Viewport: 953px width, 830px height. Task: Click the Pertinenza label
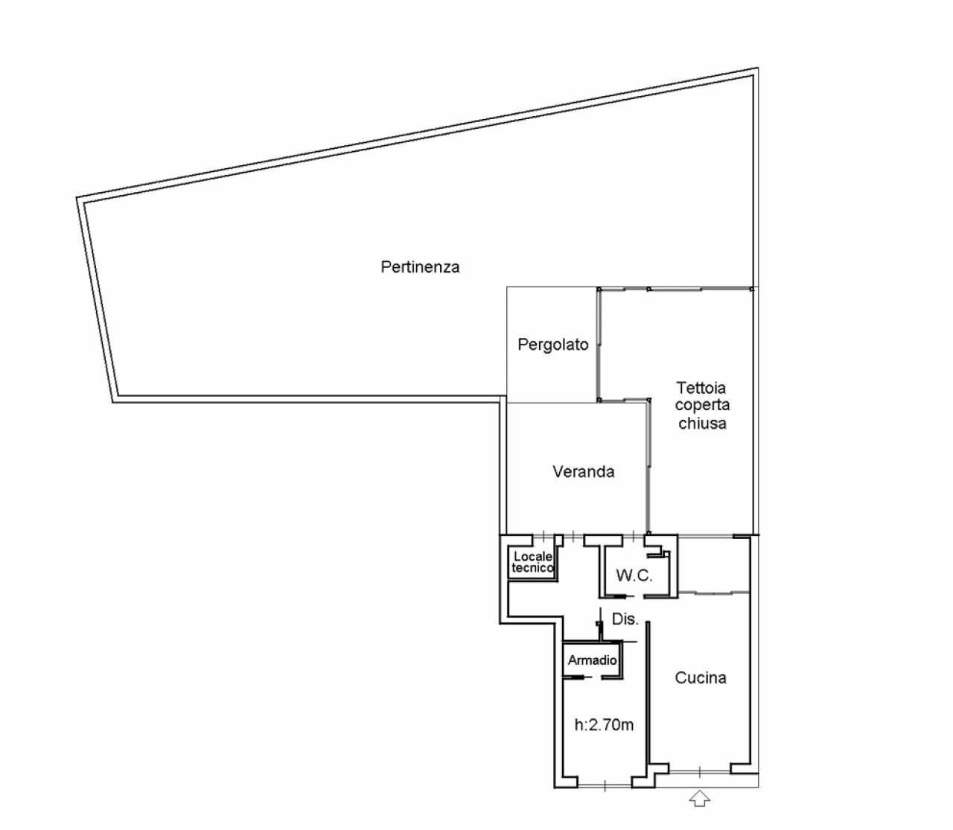420,266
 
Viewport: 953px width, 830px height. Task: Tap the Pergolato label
552,345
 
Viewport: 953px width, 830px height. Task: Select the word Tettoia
701,388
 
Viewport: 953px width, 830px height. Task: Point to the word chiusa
701,424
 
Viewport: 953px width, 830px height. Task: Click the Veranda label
583,471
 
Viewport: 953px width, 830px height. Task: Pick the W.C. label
634,575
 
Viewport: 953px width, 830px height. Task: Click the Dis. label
625,619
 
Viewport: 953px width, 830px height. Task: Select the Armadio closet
592,660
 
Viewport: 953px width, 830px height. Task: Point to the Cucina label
700,677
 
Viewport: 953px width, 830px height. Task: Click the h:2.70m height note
604,724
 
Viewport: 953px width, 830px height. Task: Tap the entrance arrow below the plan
699,799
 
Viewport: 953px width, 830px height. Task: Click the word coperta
702,406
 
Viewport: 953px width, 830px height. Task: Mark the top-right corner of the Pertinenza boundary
756,70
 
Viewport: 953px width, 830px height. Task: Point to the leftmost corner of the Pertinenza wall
78,199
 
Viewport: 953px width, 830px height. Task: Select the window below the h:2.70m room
604,784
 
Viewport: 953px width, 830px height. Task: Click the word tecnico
532,568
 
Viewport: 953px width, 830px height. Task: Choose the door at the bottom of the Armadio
587,677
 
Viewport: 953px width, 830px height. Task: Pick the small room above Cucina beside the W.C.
713,564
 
